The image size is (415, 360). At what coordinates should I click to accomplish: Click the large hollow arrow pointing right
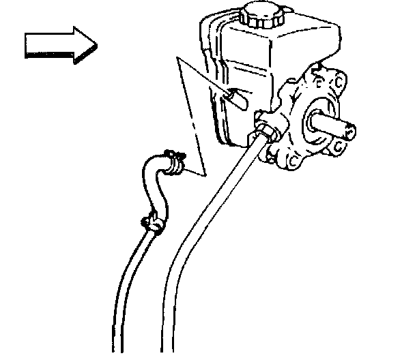[x=60, y=46]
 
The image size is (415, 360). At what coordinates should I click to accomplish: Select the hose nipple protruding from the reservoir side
[x=237, y=99]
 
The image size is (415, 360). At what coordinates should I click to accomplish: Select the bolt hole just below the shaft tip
[x=339, y=147]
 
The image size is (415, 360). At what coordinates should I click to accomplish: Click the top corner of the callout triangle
[x=178, y=61]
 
